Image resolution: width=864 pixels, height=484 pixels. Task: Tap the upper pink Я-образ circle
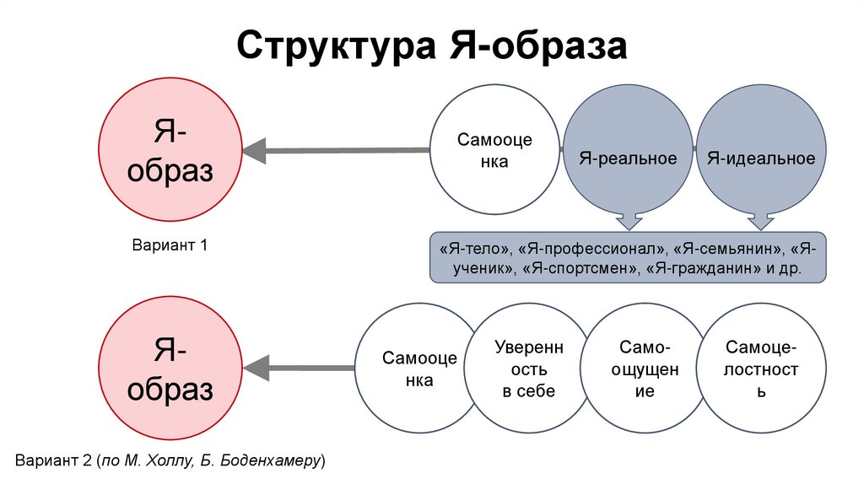pyautogui.click(x=170, y=149)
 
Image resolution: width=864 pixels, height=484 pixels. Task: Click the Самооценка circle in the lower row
pyautogui.click(x=419, y=368)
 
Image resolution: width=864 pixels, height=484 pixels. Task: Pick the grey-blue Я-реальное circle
pyautogui.click(x=628, y=158)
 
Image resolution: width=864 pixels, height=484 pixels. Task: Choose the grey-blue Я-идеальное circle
pyautogui.click(x=761, y=158)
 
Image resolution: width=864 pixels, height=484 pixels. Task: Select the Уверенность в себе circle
pyautogui.click(x=529, y=368)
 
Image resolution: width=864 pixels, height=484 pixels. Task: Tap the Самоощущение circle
pyautogui.click(x=644, y=368)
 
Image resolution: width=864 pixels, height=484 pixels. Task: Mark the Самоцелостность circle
pyautogui.click(x=761, y=368)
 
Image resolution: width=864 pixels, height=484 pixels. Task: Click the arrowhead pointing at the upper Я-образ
pyautogui.click(x=256, y=151)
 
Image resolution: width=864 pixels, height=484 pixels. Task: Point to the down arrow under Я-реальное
pyautogui.click(x=629, y=220)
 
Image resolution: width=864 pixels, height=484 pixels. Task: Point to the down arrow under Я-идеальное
pyautogui.click(x=761, y=220)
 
